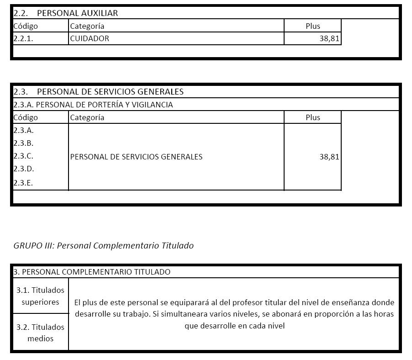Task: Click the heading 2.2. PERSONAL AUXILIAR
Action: tap(65, 13)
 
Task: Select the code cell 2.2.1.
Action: tap(23, 38)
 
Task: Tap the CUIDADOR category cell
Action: tap(90, 38)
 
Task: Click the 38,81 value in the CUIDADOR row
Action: tap(329, 38)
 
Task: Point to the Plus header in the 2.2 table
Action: tap(312, 26)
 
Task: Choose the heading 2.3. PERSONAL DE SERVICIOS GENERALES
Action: tap(98, 91)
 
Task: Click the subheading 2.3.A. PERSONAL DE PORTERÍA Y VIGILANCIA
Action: tap(93, 105)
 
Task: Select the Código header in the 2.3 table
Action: tap(26, 117)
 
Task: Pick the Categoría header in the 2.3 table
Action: tap(87, 117)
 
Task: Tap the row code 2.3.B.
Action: tap(24, 143)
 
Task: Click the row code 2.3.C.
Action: tap(24, 156)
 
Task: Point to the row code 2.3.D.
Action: tap(24, 169)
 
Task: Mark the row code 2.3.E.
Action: tap(24, 183)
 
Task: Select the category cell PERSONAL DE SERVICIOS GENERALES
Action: tap(136, 157)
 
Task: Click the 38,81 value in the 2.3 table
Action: tap(329, 157)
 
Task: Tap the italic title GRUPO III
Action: tap(103, 245)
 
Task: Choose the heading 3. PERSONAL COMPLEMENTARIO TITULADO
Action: tap(92, 272)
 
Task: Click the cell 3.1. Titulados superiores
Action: tap(40, 296)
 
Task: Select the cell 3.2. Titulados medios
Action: tap(40, 333)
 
